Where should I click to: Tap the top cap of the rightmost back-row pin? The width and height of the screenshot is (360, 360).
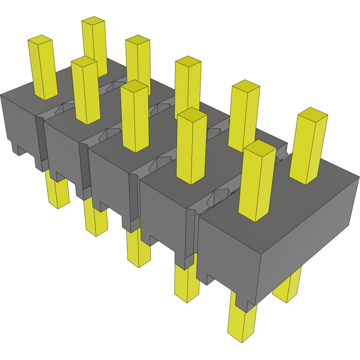click(312, 114)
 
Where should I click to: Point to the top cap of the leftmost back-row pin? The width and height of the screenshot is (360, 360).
click(93, 20)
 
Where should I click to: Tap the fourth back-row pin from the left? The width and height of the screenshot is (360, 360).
click(244, 117)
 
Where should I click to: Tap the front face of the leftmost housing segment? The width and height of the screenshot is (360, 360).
click(20, 121)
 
